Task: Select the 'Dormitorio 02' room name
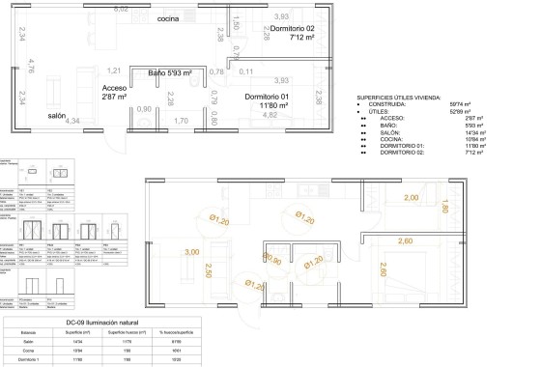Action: click(x=293, y=29)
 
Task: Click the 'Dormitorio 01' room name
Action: click(x=268, y=98)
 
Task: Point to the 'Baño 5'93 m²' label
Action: click(x=170, y=72)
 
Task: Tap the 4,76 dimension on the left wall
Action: click(x=31, y=66)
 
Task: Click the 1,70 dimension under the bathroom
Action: click(x=181, y=120)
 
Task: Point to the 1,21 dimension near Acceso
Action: click(x=114, y=71)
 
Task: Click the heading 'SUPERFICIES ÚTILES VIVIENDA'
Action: click(x=404, y=98)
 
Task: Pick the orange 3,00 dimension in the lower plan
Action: click(x=191, y=252)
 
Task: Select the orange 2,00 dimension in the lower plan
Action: click(x=411, y=197)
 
